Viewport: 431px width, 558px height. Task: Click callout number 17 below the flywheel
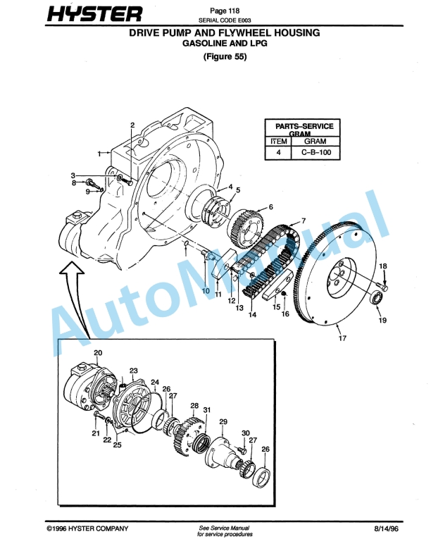point(342,339)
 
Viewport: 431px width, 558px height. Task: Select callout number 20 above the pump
point(98,352)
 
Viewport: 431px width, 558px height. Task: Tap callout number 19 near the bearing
point(382,321)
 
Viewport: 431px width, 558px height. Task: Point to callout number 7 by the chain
point(303,221)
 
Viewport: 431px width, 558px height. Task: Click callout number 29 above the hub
point(223,421)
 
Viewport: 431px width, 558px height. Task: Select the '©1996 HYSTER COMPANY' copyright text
point(83,528)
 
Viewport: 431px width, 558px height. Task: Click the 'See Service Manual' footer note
point(224,528)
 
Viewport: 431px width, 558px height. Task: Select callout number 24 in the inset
point(155,383)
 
